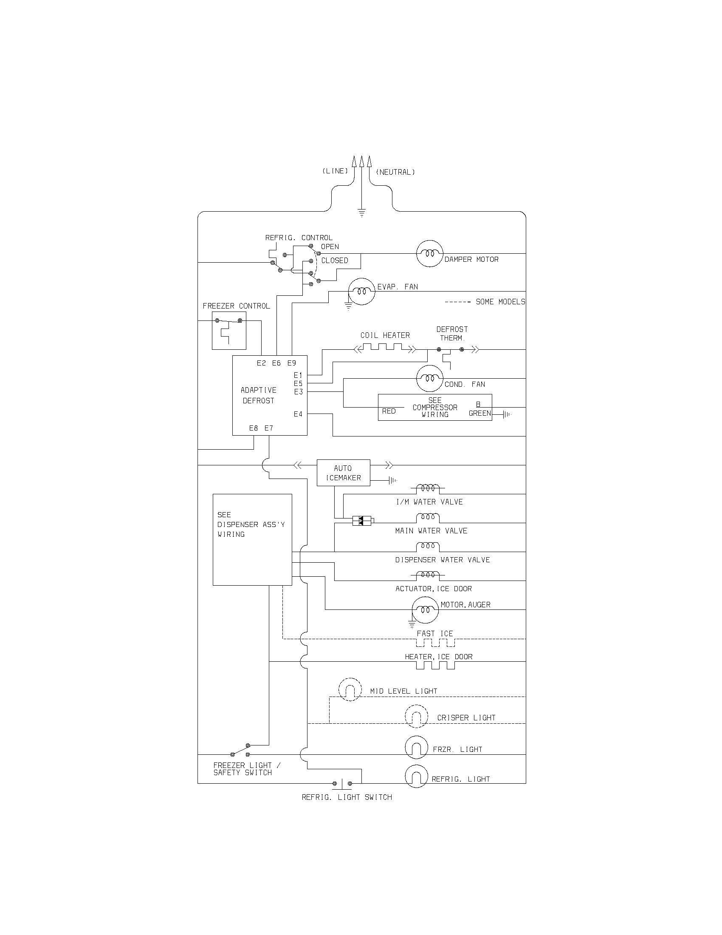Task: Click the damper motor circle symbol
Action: [x=429, y=253]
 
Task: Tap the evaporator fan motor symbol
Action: [x=362, y=291]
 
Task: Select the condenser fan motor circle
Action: [x=429, y=378]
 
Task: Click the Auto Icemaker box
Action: [x=343, y=473]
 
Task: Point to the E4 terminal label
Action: [x=298, y=414]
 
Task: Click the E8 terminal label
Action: [x=254, y=428]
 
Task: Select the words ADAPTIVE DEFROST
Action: [x=258, y=395]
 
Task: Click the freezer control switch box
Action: [x=229, y=331]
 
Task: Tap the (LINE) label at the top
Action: [x=335, y=171]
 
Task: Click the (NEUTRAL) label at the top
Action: [x=395, y=172]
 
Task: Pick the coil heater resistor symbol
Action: [x=385, y=347]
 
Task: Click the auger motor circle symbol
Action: [x=425, y=609]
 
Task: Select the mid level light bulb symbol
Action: [x=350, y=690]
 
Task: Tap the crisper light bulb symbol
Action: [x=416, y=716]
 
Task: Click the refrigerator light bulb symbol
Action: [x=416, y=776]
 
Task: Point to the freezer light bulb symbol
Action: [x=416, y=748]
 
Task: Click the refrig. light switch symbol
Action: [x=342, y=784]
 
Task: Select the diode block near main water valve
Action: [x=362, y=521]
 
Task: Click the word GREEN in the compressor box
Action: [x=479, y=413]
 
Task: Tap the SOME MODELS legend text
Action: [x=500, y=302]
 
